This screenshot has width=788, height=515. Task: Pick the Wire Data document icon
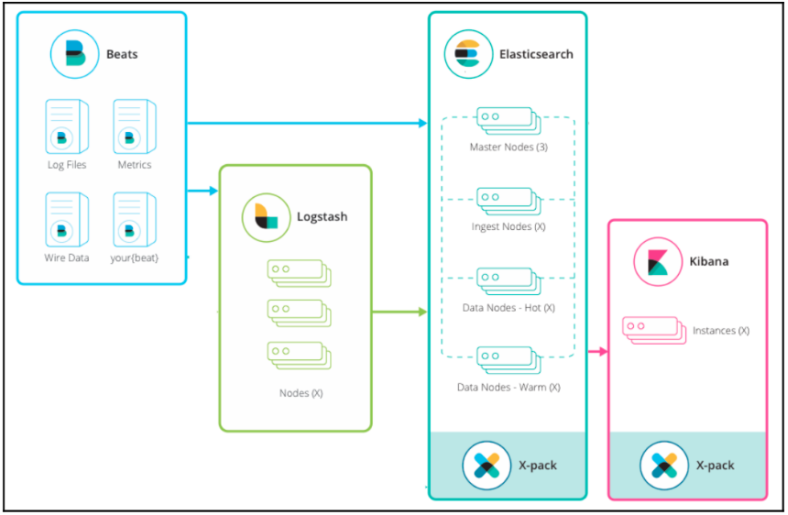coord(67,219)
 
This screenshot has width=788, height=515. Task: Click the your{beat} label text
coord(135,257)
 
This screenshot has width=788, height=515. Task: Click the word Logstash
coord(322,217)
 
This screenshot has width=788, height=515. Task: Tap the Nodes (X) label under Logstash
coord(301,393)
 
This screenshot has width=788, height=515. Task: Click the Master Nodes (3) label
coord(509,147)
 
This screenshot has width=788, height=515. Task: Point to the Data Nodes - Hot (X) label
coord(509,308)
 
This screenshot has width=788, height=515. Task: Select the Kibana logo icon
coord(658,261)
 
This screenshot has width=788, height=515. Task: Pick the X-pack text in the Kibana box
coord(715,465)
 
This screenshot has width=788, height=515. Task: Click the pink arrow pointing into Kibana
coord(598,351)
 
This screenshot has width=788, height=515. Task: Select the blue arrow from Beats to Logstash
coord(203,191)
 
